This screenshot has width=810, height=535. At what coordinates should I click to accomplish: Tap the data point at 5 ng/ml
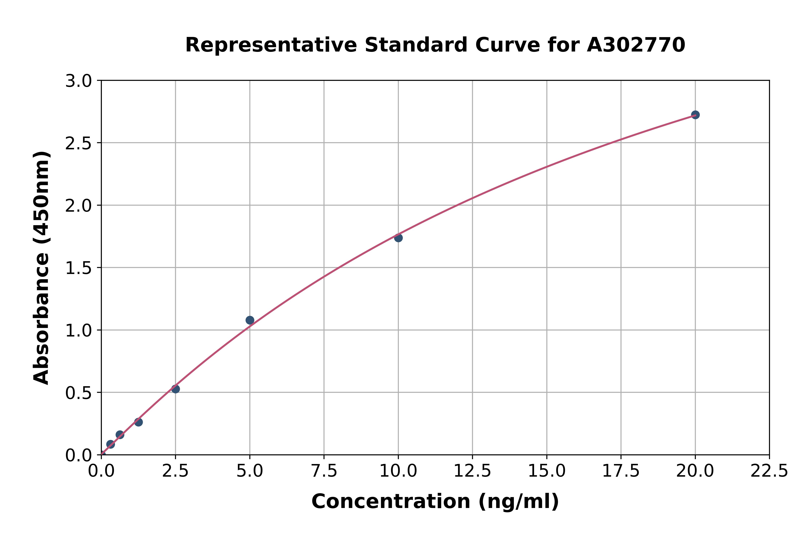pyautogui.click(x=250, y=320)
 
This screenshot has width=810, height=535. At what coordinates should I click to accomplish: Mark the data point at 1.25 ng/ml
pyautogui.click(x=138, y=422)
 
